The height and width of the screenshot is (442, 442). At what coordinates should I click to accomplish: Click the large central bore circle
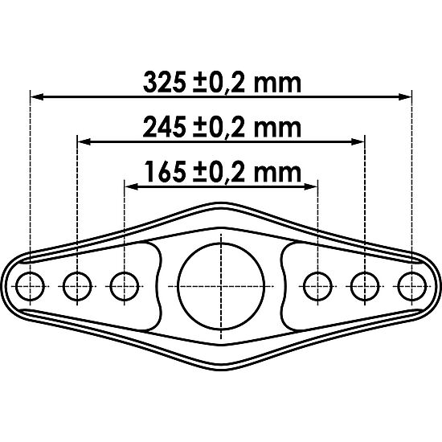tap(221, 284)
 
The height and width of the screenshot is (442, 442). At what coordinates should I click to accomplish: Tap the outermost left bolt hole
tap(30, 284)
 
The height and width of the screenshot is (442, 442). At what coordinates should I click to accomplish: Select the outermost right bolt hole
tap(412, 284)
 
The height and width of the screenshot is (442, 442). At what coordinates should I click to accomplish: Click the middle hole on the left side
tap(77, 284)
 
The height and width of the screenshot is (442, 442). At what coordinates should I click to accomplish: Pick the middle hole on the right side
tap(365, 284)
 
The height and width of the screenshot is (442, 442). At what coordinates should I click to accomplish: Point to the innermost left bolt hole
tap(124, 284)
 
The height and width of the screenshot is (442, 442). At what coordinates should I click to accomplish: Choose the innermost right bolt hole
tap(318, 284)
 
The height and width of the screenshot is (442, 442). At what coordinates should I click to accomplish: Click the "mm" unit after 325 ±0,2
tap(283, 82)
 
